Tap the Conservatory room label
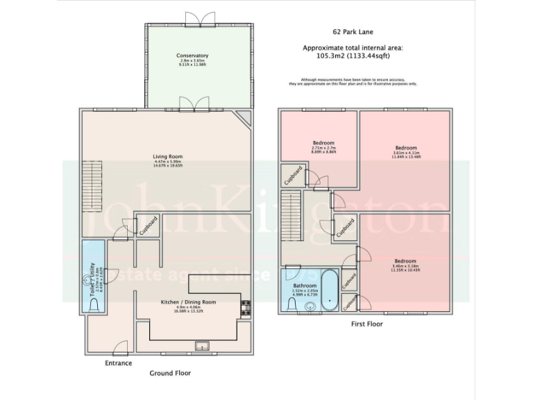pyautogui.click(x=192, y=55)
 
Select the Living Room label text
pyautogui.click(x=167, y=156)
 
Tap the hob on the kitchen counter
pyautogui.click(x=245, y=308)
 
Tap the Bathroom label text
pyautogui.click(x=305, y=285)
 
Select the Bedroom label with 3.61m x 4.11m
pyautogui.click(x=406, y=148)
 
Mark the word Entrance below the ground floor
pyautogui.click(x=118, y=362)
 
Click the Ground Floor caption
pyautogui.click(x=170, y=373)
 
